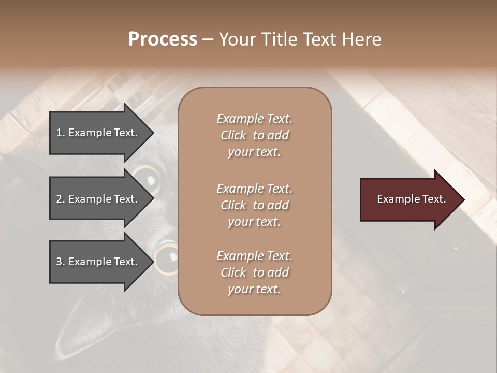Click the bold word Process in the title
coord(163,39)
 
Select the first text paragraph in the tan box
coord(255,135)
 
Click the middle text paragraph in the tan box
coord(255,205)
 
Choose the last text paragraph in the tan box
coord(255,272)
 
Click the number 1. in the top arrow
coord(61,133)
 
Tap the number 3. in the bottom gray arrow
coord(61,262)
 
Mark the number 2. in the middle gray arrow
coord(61,199)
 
